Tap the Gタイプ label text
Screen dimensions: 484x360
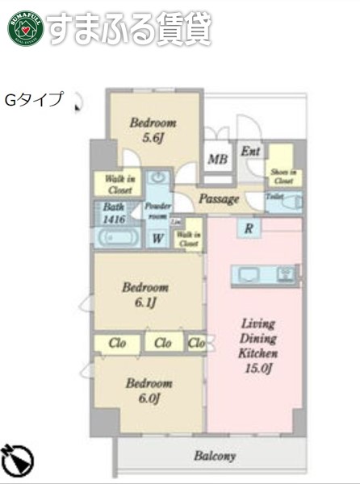click(35, 100)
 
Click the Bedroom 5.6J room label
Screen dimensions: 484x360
click(153, 130)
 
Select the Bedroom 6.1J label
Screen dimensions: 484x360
click(145, 294)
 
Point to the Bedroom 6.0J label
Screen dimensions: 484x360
click(149, 390)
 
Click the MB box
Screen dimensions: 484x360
click(216, 159)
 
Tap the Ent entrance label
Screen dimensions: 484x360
click(250, 151)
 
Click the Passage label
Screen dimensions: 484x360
click(218, 198)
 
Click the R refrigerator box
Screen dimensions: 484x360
click(249, 229)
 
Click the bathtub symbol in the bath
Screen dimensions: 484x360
click(116, 237)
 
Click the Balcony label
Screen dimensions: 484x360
click(215, 457)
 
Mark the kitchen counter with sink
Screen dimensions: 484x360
click(266, 273)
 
